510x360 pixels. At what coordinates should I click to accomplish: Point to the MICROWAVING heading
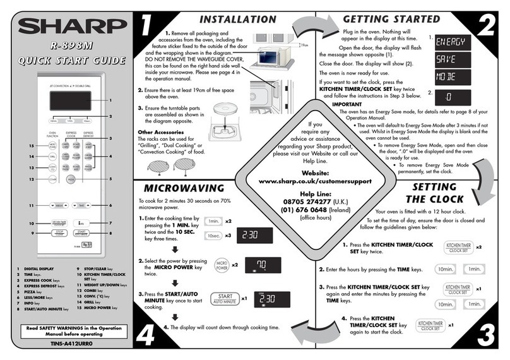pos(184,188)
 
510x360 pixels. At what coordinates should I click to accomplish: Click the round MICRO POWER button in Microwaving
pos(222,265)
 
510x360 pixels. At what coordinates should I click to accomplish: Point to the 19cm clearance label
pos(305,45)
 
